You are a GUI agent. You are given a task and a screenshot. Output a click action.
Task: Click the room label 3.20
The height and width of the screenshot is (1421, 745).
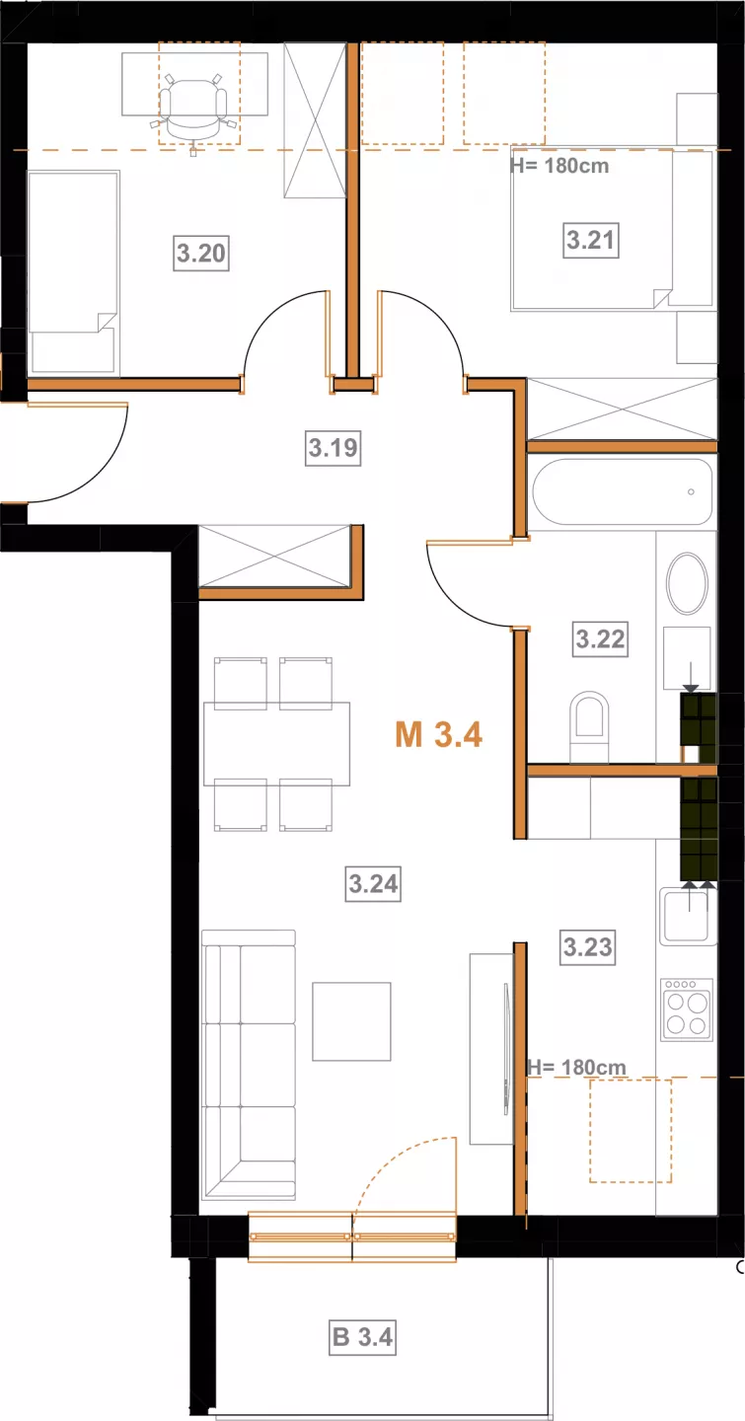point(201,253)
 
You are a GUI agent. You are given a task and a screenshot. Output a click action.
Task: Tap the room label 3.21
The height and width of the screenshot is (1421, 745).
point(591,240)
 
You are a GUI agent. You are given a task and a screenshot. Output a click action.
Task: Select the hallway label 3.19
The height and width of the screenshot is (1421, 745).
point(334,448)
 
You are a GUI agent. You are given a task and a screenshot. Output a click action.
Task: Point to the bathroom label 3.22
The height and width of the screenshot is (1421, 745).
point(600,638)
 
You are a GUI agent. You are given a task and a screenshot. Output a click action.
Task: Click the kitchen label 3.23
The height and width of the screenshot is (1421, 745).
point(588,947)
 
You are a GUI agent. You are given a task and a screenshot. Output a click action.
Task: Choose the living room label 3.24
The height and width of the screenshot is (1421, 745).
point(373,884)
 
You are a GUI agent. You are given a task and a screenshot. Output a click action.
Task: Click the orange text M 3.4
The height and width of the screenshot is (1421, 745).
point(438,734)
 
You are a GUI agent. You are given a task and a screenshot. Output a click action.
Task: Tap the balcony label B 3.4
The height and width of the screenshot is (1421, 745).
point(362,1336)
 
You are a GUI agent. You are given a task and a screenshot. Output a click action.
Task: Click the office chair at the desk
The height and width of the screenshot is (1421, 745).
point(193,111)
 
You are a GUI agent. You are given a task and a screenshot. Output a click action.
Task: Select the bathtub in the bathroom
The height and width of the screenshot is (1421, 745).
point(623,491)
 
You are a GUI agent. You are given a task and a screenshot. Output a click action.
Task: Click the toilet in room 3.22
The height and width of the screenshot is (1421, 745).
point(589,726)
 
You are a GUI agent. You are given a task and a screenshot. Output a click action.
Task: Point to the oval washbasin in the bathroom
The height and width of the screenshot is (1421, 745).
point(687,583)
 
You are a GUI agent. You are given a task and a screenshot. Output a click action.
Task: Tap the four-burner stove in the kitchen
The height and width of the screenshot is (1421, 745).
point(687,1010)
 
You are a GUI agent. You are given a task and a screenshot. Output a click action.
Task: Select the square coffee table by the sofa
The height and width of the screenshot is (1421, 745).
point(351,1021)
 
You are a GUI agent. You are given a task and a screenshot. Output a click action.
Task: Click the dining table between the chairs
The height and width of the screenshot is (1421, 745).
point(276,743)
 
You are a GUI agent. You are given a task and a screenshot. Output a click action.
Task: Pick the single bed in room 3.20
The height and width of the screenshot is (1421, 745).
point(73,272)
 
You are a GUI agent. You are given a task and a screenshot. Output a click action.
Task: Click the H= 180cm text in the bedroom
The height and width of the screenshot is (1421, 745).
point(559,166)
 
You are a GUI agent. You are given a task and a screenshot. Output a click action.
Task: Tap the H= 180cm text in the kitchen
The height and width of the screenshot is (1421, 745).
point(577,1067)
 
